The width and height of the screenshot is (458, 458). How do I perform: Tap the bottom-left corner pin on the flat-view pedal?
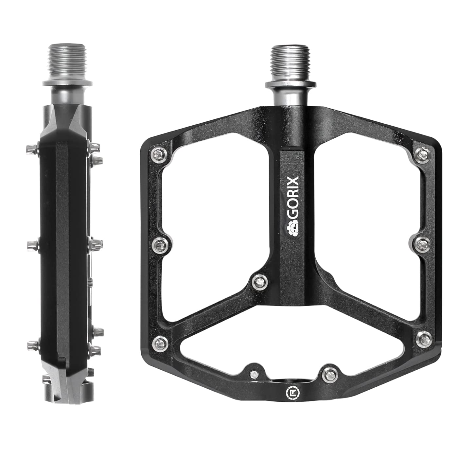[x=160, y=343]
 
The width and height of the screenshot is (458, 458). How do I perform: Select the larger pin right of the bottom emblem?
[x=328, y=373]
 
